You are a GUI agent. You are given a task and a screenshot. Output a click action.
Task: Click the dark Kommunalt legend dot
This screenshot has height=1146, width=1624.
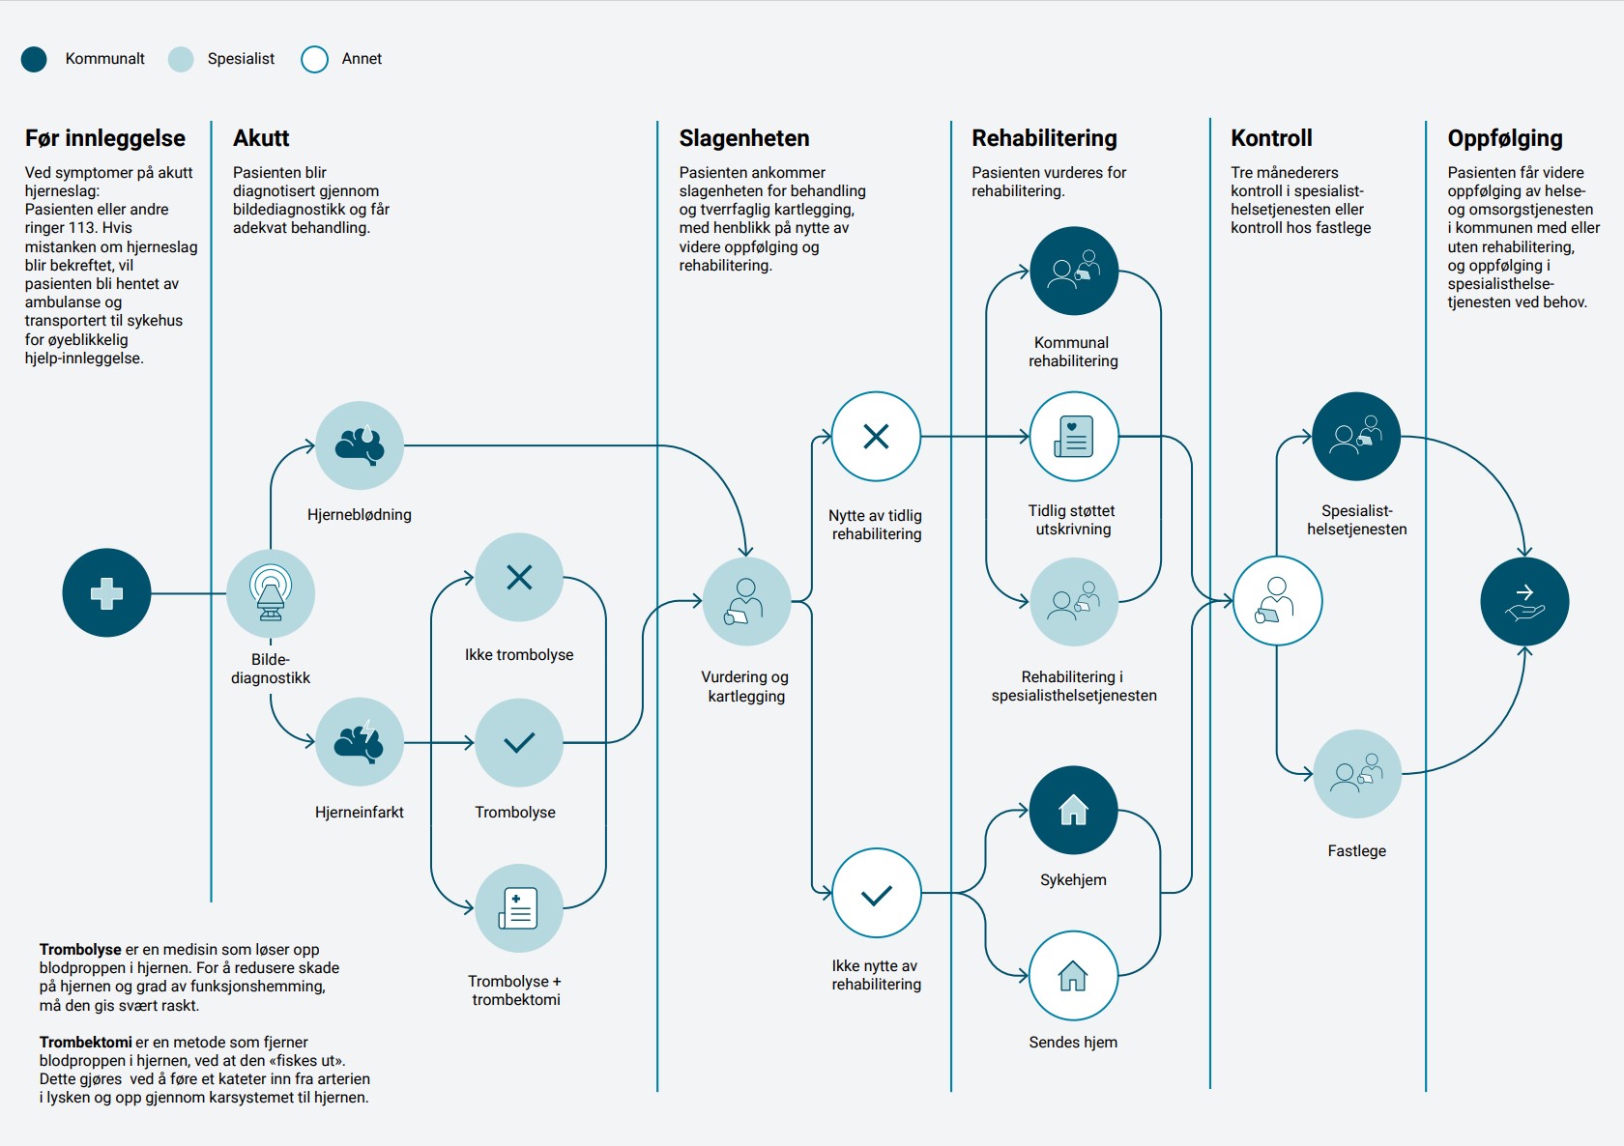[34, 59]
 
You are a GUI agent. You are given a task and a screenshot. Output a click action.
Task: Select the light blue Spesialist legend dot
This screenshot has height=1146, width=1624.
[181, 59]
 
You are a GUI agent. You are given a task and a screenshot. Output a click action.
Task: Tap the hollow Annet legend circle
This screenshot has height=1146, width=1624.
[315, 59]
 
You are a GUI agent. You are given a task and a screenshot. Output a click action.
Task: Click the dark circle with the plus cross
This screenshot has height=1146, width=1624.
[106, 592]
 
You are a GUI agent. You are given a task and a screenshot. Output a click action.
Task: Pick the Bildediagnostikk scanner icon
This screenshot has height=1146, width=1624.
[271, 592]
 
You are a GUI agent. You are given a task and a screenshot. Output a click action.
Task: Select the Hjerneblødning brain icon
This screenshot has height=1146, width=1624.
[360, 445]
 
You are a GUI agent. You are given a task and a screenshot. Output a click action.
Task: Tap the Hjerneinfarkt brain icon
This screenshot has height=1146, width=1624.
[360, 742]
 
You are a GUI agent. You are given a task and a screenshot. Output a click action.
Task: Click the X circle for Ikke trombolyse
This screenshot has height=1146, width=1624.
[519, 577]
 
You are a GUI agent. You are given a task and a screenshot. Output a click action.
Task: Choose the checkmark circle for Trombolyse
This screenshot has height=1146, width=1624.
[519, 742]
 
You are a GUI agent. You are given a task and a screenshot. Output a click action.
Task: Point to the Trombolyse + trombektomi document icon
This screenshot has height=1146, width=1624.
[519, 908]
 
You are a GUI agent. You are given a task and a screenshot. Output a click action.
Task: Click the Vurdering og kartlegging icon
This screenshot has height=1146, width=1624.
[746, 601]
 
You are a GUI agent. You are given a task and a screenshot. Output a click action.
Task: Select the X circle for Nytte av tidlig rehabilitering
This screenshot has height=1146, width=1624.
[876, 436]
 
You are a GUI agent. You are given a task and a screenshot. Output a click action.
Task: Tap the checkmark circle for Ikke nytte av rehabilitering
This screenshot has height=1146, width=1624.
[876, 894]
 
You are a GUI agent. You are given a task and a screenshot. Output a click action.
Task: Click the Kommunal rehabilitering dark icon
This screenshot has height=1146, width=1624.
[1074, 271]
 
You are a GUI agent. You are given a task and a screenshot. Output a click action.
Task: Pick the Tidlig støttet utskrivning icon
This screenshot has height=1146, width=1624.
[1074, 436]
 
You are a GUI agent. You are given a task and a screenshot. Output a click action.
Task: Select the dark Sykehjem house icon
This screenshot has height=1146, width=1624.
[1074, 810]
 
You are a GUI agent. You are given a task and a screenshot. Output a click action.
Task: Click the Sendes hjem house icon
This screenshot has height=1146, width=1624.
[1074, 976]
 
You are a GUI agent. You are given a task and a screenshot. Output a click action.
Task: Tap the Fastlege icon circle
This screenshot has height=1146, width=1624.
[1357, 773]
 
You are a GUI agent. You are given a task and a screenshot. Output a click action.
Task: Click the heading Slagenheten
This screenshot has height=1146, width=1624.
[744, 138]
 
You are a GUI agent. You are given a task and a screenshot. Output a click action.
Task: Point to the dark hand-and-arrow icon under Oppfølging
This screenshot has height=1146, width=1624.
[1524, 601]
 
